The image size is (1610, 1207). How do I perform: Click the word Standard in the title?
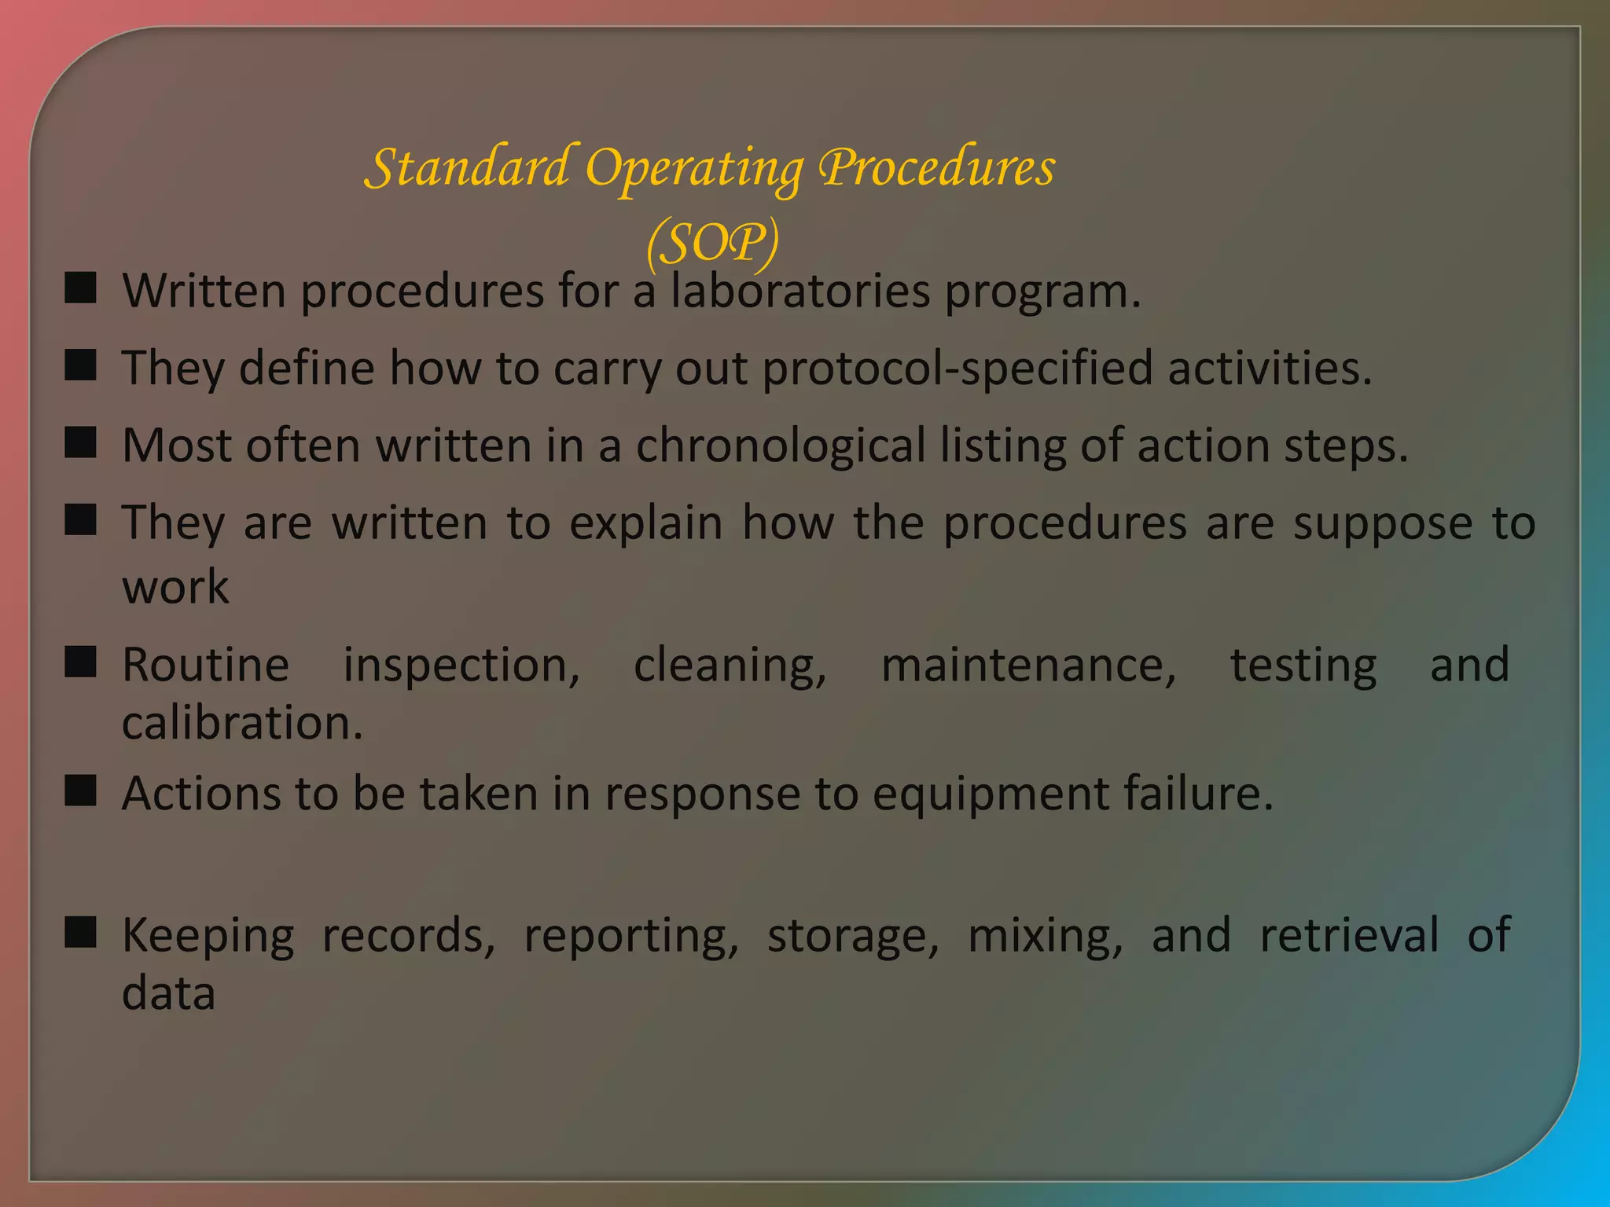click(469, 167)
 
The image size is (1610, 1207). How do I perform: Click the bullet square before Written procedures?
click(80, 288)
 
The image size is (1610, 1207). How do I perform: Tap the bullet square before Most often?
click(80, 442)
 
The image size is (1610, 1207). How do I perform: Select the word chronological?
click(781, 446)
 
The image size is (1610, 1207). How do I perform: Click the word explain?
click(645, 523)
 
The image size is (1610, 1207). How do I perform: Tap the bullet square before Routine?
click(80, 662)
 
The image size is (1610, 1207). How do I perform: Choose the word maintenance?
click(1028, 665)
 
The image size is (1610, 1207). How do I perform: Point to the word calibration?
click(241, 723)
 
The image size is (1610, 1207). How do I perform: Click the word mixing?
click(1045, 937)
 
